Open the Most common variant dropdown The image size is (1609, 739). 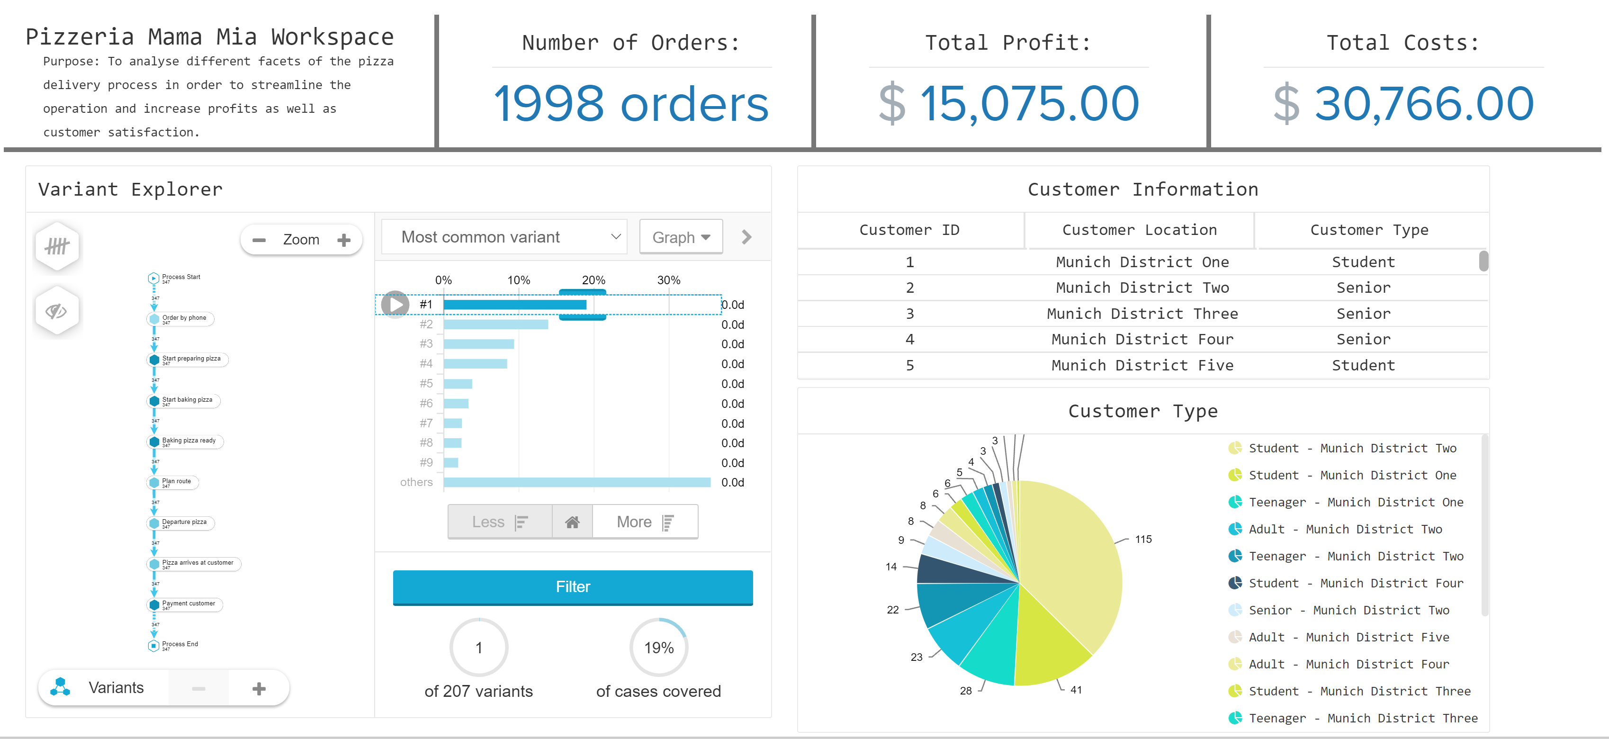click(x=503, y=237)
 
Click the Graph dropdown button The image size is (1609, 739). click(x=680, y=237)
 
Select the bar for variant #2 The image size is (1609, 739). click(x=495, y=324)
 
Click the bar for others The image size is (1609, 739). click(x=576, y=482)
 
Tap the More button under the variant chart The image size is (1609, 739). click(x=644, y=522)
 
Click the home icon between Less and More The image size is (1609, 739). click(x=572, y=522)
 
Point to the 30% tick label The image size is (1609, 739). click(x=668, y=280)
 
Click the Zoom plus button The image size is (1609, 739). click(x=343, y=240)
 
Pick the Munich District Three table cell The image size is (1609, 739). click(x=1142, y=314)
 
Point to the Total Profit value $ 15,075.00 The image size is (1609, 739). click(x=1009, y=103)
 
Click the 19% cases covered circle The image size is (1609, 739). click(x=658, y=647)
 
